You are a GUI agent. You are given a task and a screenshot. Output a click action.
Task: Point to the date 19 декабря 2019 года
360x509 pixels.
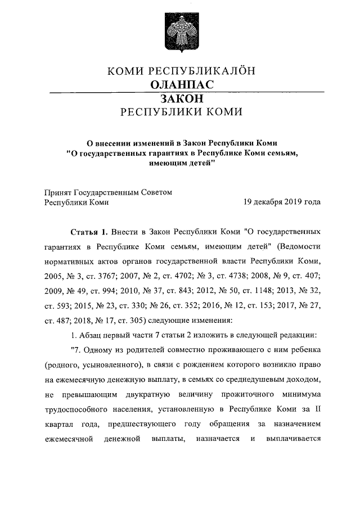pos(282,202)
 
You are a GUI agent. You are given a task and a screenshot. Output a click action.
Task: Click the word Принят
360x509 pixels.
pos(57,192)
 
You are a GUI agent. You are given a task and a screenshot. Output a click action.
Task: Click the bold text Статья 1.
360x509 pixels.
pos(90,232)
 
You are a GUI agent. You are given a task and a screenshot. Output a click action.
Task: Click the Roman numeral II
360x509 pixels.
pos(317,409)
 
